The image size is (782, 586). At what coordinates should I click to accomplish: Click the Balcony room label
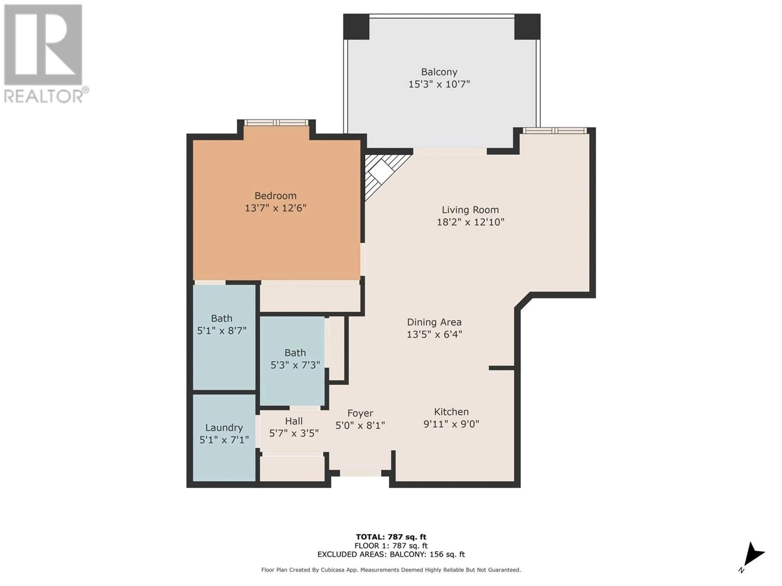click(439, 72)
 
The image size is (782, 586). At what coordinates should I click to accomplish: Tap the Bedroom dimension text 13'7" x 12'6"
click(275, 208)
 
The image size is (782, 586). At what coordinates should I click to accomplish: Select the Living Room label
click(470, 210)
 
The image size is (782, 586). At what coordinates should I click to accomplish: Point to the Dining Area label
click(434, 322)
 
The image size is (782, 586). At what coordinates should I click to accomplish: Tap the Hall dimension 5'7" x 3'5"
click(294, 433)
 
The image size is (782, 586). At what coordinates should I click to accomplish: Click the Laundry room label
click(224, 428)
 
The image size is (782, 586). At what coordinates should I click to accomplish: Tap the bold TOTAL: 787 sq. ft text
click(391, 537)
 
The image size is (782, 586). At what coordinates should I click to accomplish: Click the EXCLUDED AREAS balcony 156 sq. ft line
click(391, 554)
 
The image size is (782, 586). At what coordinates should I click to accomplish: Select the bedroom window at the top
click(276, 122)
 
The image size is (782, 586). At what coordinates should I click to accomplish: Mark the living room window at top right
click(555, 130)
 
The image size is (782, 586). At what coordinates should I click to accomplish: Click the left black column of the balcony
click(356, 26)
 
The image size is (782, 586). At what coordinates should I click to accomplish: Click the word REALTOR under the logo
click(44, 96)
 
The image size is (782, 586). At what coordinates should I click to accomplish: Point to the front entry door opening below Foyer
click(361, 473)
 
